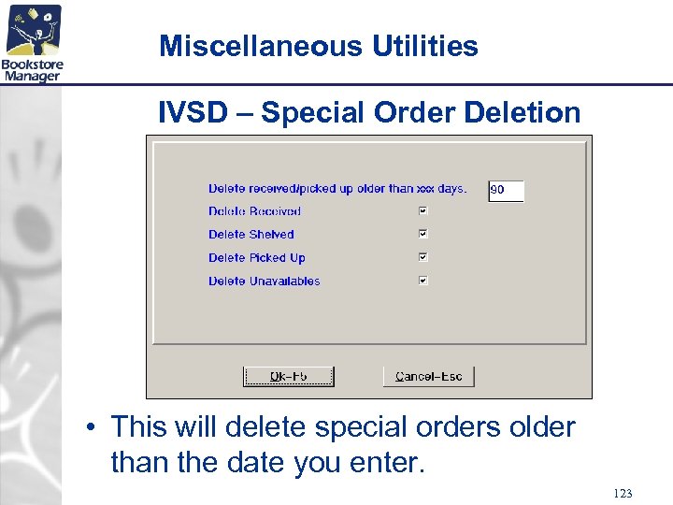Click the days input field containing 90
coord(506,190)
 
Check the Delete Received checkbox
coord(423,211)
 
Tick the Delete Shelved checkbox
coord(423,234)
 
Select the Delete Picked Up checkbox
coord(423,257)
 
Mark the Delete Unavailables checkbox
coord(423,281)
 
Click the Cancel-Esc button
coord(429,376)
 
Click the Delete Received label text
coord(254,211)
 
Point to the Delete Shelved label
coord(251,235)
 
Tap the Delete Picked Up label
coord(256,258)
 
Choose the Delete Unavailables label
coord(264,281)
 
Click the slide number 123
coord(623,493)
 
